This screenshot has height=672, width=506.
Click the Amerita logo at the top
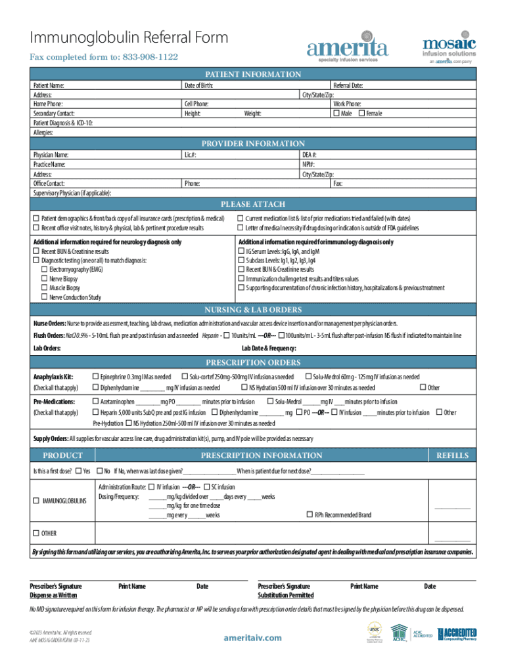(x=348, y=47)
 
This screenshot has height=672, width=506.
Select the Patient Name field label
(x=49, y=85)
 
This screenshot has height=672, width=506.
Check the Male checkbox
(x=337, y=114)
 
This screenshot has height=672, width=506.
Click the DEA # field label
(x=310, y=155)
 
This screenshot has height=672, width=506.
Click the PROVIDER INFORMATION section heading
(x=253, y=144)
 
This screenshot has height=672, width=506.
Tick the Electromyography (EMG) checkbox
(x=45, y=270)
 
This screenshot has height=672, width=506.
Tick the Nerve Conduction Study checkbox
(x=45, y=297)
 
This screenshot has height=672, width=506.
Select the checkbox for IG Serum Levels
(x=241, y=251)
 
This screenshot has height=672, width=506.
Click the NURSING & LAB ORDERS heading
(x=253, y=310)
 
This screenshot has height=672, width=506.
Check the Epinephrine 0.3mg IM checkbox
(x=95, y=377)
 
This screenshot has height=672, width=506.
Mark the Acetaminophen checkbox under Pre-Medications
(x=95, y=402)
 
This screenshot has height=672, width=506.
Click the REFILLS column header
(x=450, y=455)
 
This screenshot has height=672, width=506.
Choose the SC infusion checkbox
(x=206, y=488)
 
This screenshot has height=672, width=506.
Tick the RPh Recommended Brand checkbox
(x=309, y=514)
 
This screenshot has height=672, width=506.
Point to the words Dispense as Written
(x=53, y=595)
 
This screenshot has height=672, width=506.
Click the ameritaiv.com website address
(x=252, y=638)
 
